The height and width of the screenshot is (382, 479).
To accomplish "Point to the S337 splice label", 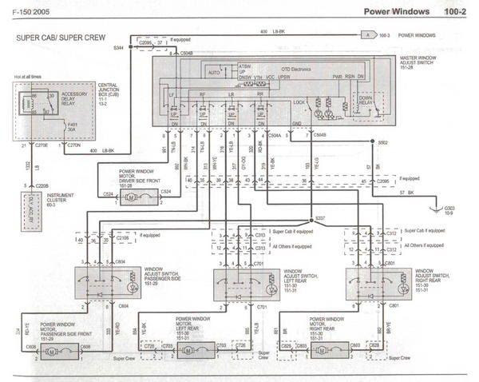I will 321,217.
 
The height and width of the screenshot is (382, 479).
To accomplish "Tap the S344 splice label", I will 119,49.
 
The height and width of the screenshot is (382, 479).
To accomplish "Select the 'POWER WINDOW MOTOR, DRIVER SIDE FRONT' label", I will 140,176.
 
